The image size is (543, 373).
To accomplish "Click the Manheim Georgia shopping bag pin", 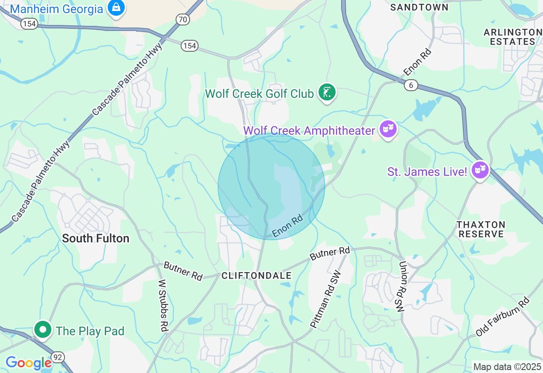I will pos(115,7).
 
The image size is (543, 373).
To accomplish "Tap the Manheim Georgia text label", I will pos(56,9).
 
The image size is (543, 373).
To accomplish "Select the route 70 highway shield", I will pos(182,19).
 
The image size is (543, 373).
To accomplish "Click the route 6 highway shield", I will pos(410,85).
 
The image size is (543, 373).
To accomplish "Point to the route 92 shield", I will pos(58,357).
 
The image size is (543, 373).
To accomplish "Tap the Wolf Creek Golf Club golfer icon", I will pos(327,92).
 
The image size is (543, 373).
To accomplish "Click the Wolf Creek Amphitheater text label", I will pos(309,131).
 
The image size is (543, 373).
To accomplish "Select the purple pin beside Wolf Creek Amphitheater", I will pos(388,128).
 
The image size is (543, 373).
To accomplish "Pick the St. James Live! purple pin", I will pos(480,170).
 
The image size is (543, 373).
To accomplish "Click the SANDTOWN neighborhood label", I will pos(419,7).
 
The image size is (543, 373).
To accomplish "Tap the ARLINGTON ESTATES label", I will pos(512,37).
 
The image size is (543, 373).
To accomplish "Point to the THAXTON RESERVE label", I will pos(481,229).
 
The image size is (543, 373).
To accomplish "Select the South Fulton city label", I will pos(95,238).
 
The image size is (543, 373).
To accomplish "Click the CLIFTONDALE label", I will pos(257,276).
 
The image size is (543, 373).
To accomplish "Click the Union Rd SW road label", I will pos(402,287).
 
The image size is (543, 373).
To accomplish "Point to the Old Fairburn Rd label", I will pos(503,317).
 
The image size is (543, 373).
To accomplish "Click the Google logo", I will pos(28,363).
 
